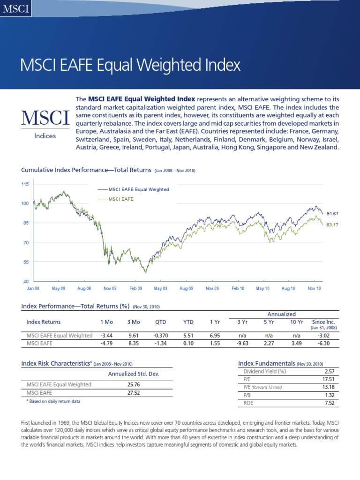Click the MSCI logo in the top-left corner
(16, 8)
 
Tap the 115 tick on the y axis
(25, 184)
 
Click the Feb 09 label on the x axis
(135, 288)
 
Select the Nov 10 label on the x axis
(314, 288)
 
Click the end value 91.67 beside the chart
(332, 213)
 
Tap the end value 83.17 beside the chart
(332, 225)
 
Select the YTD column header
(188, 322)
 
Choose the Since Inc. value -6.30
(321, 344)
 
